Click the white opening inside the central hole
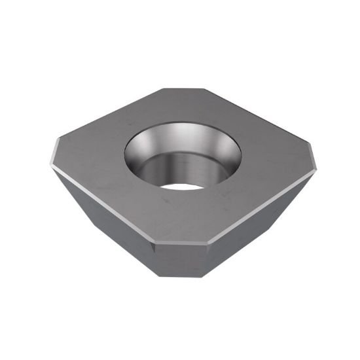tap(181, 186)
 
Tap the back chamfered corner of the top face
tap(182, 90)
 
